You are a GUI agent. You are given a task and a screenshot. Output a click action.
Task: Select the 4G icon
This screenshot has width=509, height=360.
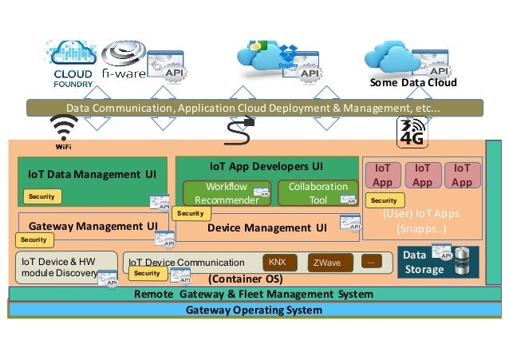(412, 132)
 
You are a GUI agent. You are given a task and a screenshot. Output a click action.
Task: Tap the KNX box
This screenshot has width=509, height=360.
(278, 262)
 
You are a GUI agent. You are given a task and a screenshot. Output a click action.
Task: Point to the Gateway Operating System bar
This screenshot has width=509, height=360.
(254, 310)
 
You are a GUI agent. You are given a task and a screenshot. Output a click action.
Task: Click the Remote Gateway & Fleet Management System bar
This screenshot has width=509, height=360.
(254, 295)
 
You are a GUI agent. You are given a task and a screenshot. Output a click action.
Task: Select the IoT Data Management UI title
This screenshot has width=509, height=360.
(93, 172)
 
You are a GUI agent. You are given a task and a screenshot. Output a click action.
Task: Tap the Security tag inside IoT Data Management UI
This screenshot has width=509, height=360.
(41, 196)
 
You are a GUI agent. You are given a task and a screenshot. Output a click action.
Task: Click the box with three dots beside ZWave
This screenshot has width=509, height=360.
(369, 261)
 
